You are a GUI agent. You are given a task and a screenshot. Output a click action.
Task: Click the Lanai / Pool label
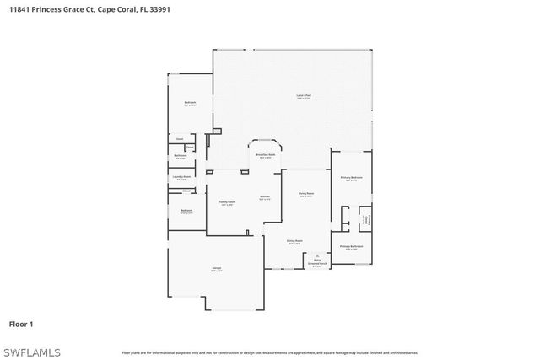[301, 97]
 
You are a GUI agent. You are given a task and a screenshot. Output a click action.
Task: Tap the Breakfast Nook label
[265, 156]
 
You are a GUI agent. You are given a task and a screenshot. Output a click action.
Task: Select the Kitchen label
[264, 198]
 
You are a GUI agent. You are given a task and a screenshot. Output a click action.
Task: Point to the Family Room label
[227, 203]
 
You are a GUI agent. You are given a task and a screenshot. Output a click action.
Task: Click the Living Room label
[305, 196]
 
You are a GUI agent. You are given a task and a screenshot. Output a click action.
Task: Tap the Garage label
[216, 270]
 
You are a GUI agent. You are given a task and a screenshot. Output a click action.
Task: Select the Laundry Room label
[181, 178]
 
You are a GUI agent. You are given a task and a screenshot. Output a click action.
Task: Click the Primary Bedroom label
[351, 179]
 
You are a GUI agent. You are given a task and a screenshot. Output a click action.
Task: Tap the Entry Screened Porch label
[317, 263]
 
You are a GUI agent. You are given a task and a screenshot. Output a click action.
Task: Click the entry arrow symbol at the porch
[317, 255]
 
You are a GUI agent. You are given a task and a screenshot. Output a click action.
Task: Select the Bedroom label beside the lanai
[190, 104]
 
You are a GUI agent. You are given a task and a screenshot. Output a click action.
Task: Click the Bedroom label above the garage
[186, 211]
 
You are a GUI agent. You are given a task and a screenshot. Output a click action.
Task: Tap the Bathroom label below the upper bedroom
[181, 157]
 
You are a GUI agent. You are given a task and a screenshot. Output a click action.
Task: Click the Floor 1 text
[21, 324]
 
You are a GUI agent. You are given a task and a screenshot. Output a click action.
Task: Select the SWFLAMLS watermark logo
[27, 351]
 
